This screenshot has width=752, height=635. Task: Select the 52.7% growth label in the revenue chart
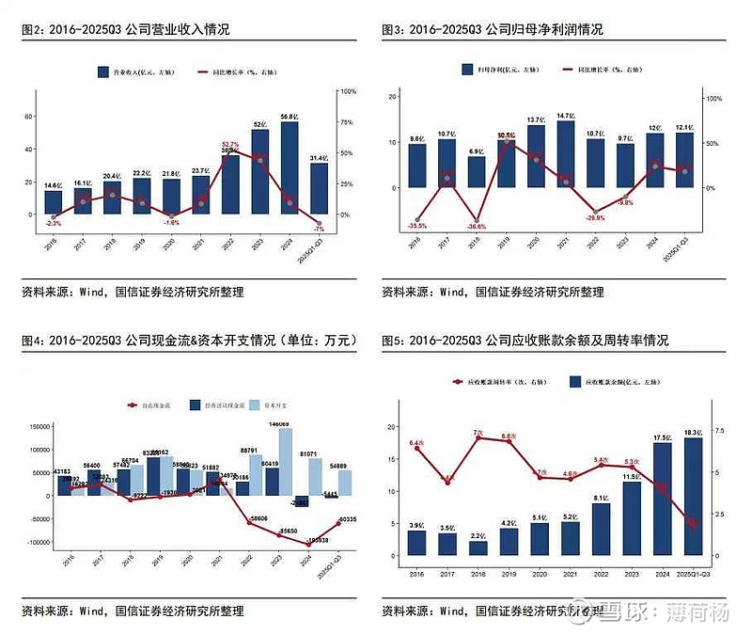click(229, 145)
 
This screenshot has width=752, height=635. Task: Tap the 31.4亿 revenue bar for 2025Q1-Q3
click(319, 188)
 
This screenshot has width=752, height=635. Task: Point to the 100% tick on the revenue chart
click(347, 91)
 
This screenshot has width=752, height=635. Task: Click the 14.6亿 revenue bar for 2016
click(54, 201)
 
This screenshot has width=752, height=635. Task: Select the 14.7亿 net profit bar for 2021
click(565, 154)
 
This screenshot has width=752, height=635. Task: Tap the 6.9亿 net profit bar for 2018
click(477, 172)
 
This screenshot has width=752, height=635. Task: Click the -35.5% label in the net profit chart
click(417, 226)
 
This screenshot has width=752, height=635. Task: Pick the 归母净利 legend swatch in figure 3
click(467, 70)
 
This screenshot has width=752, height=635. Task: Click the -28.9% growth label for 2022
click(594, 217)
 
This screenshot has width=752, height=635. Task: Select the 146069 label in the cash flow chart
click(278, 424)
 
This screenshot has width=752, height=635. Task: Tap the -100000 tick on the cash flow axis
click(34, 542)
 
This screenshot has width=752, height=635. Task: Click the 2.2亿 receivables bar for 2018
click(478, 548)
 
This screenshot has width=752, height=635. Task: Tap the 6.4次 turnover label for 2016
click(417, 442)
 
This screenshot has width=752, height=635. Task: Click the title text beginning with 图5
click(525, 340)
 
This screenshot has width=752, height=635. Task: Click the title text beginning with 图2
click(124, 30)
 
